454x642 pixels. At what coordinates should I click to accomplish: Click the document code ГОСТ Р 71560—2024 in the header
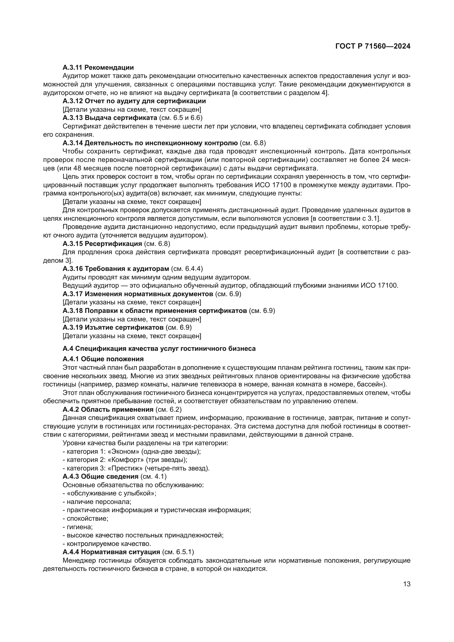[x=373, y=46]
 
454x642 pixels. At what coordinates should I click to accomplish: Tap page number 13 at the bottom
[x=407, y=584]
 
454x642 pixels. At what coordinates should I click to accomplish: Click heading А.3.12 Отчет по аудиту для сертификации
[x=134, y=101]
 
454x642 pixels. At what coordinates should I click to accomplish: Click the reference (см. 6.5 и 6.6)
[x=181, y=118]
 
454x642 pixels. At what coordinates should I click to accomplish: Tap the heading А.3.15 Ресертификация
[x=102, y=243]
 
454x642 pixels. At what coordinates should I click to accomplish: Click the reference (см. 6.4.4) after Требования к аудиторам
[x=187, y=269]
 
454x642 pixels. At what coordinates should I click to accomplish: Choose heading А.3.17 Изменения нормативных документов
[x=138, y=294]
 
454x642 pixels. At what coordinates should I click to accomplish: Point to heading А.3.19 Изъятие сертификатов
[x=113, y=327]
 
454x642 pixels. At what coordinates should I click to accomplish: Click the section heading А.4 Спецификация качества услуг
[x=159, y=348]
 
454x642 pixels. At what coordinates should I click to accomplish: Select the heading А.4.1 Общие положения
[x=103, y=359]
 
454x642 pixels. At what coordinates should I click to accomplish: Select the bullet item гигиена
[x=79, y=527]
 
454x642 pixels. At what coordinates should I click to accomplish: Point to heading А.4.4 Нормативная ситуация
[x=111, y=552]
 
